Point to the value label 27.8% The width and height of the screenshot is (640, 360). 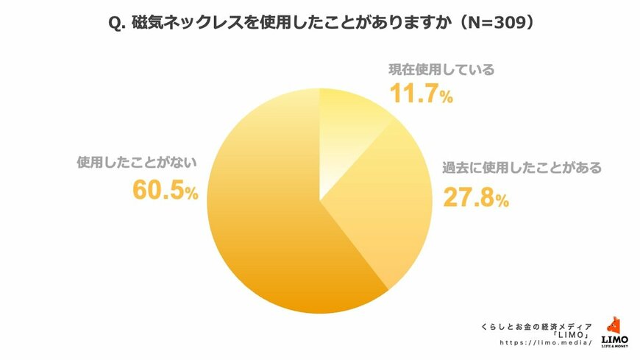[x=475, y=197]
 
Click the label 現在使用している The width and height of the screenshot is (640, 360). [x=441, y=71]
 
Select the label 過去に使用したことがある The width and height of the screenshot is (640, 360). [x=522, y=167]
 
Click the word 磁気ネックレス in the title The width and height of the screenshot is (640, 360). [x=183, y=24]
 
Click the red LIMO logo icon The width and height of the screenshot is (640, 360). [x=614, y=325]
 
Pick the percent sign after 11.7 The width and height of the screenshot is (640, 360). [x=447, y=99]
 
